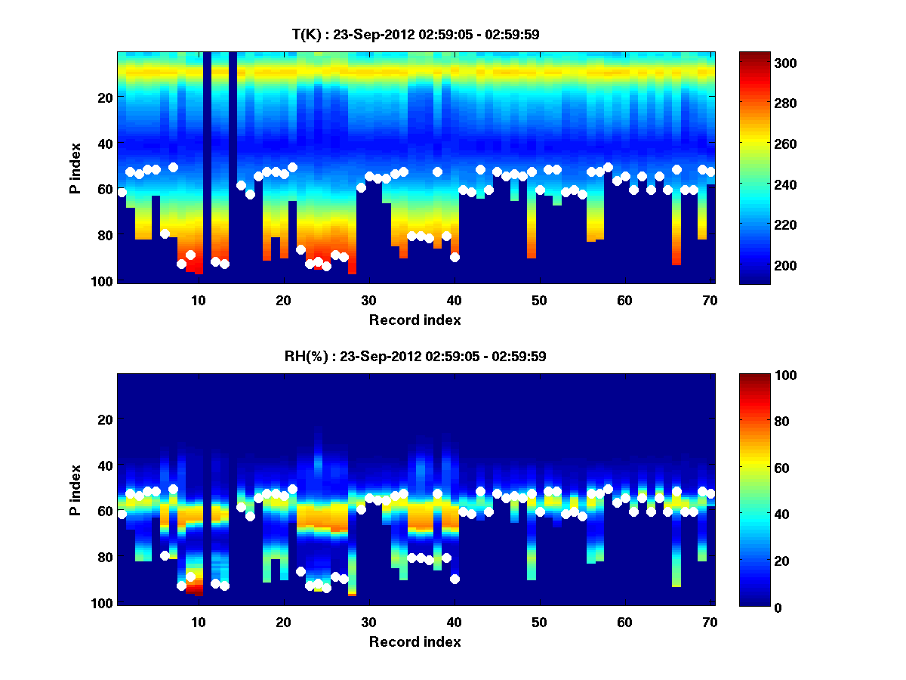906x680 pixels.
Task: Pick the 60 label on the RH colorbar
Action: tap(757, 468)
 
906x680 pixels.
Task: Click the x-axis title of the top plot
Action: tap(414, 320)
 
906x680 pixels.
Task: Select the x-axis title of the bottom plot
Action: tap(414, 641)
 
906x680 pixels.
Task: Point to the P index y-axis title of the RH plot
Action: tap(75, 490)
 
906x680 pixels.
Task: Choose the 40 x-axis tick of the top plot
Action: tap(454, 300)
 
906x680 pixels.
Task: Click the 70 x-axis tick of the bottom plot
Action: tap(709, 622)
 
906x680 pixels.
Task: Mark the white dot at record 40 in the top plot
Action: tap(455, 257)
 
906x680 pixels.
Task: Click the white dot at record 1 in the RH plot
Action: tap(122, 515)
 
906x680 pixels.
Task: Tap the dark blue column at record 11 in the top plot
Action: tap(207, 166)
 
